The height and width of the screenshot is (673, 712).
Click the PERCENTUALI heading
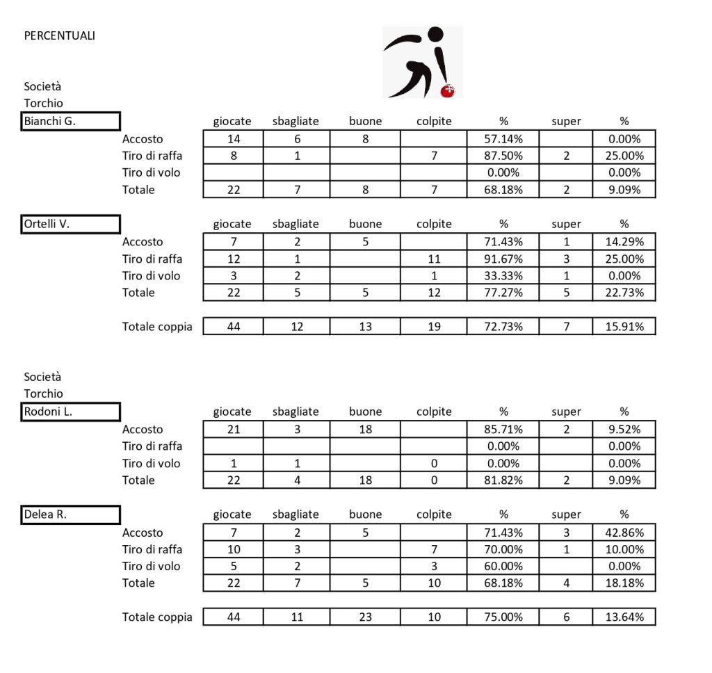click(x=59, y=35)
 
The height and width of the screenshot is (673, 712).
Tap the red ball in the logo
click(x=448, y=90)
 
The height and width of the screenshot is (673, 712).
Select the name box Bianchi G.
click(x=71, y=121)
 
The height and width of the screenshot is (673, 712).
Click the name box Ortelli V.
click(x=71, y=224)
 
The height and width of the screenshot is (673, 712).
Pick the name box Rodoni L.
click(x=71, y=412)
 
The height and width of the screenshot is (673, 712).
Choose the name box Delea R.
click(x=71, y=514)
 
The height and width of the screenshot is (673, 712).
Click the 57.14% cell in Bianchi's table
click(x=503, y=139)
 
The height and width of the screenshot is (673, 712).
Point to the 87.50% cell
click(x=503, y=156)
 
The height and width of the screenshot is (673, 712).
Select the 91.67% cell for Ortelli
click(x=503, y=259)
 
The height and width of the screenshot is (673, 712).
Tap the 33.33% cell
click(x=503, y=275)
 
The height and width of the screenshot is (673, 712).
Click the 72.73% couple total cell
click(x=503, y=326)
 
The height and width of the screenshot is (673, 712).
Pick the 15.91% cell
click(x=624, y=326)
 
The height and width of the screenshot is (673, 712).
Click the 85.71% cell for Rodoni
click(x=503, y=429)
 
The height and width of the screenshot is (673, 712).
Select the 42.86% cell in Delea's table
click(x=624, y=533)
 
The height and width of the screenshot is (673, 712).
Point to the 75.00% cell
click(x=503, y=617)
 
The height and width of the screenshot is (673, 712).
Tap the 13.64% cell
click(x=624, y=617)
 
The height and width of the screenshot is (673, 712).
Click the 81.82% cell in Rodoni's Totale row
click(x=503, y=480)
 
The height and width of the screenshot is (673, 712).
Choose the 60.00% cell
click(x=503, y=566)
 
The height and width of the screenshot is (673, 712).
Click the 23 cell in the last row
click(x=366, y=617)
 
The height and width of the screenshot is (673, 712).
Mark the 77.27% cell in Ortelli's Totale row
click(x=503, y=292)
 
